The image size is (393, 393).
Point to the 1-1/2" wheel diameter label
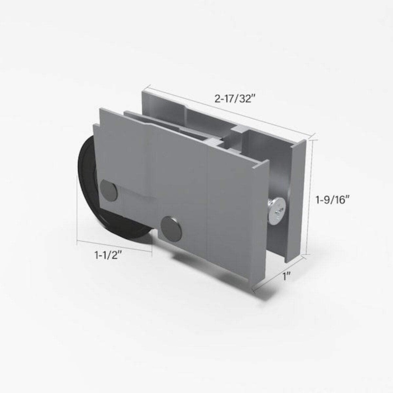[x=107, y=255]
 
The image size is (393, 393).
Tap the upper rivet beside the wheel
[x=108, y=190]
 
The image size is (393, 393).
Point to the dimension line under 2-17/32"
[x=228, y=110]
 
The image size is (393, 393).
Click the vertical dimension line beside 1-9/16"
[x=312, y=196]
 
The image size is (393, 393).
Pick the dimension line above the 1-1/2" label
[x=114, y=244]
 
